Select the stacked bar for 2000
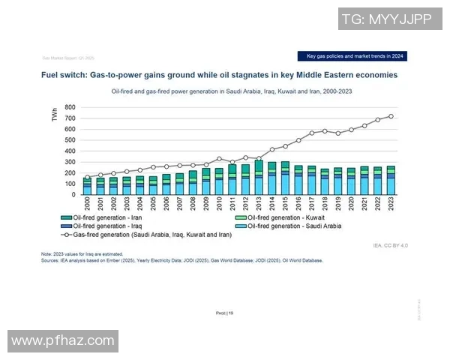point(87,186)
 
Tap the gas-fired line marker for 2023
point(391,116)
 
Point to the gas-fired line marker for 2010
point(219,159)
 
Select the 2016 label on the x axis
point(298,204)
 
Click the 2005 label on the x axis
point(153,204)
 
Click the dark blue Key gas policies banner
point(352,56)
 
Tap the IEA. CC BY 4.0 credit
point(389,245)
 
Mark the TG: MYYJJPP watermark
point(385,19)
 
